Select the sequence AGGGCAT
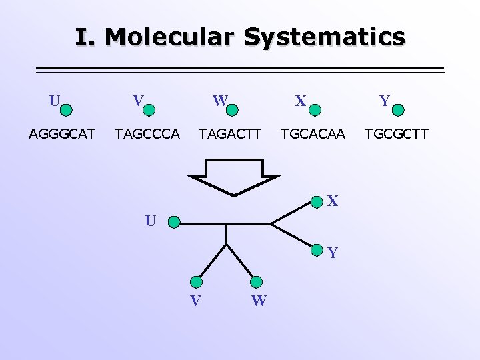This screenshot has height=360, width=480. pyautogui.click(x=62, y=134)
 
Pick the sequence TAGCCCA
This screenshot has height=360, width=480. pyautogui.click(x=147, y=134)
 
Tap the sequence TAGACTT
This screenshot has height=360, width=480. pyautogui.click(x=230, y=134)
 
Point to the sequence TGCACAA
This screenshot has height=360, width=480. pyautogui.click(x=313, y=134)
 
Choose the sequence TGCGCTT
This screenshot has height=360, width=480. pyautogui.click(x=396, y=134)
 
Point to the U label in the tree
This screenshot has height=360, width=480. pyautogui.click(x=151, y=221)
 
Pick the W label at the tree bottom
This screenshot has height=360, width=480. pyautogui.click(x=259, y=301)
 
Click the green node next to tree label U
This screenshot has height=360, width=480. pyautogui.click(x=173, y=221)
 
